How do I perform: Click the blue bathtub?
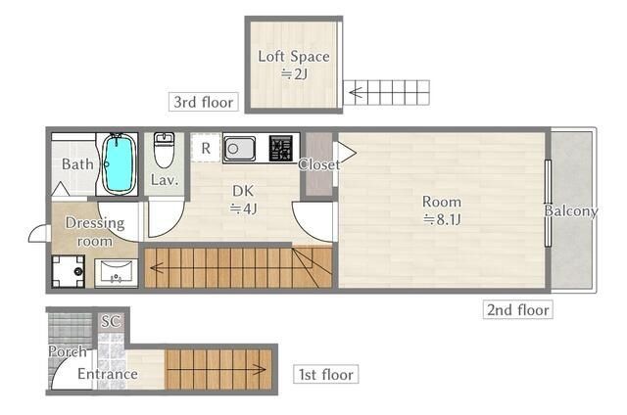[119, 163]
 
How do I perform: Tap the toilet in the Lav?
[165, 151]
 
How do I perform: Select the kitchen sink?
[239, 149]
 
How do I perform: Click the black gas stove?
[281, 148]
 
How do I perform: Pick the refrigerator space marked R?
[206, 148]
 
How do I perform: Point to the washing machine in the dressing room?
[69, 271]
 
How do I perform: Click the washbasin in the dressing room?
[116, 273]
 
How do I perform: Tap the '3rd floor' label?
[204, 102]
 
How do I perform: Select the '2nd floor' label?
[518, 309]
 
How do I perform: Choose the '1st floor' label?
[326, 375]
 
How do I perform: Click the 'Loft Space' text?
[294, 57]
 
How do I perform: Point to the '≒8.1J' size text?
[442, 219]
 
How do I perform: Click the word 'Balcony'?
[571, 210]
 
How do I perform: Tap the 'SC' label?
[111, 321]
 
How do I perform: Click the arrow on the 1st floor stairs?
[217, 370]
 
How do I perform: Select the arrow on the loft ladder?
[362, 93]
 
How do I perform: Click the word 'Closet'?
[319, 164]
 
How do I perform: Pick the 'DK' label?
[243, 191]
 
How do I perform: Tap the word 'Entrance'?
[108, 374]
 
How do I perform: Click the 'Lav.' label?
[165, 180]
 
